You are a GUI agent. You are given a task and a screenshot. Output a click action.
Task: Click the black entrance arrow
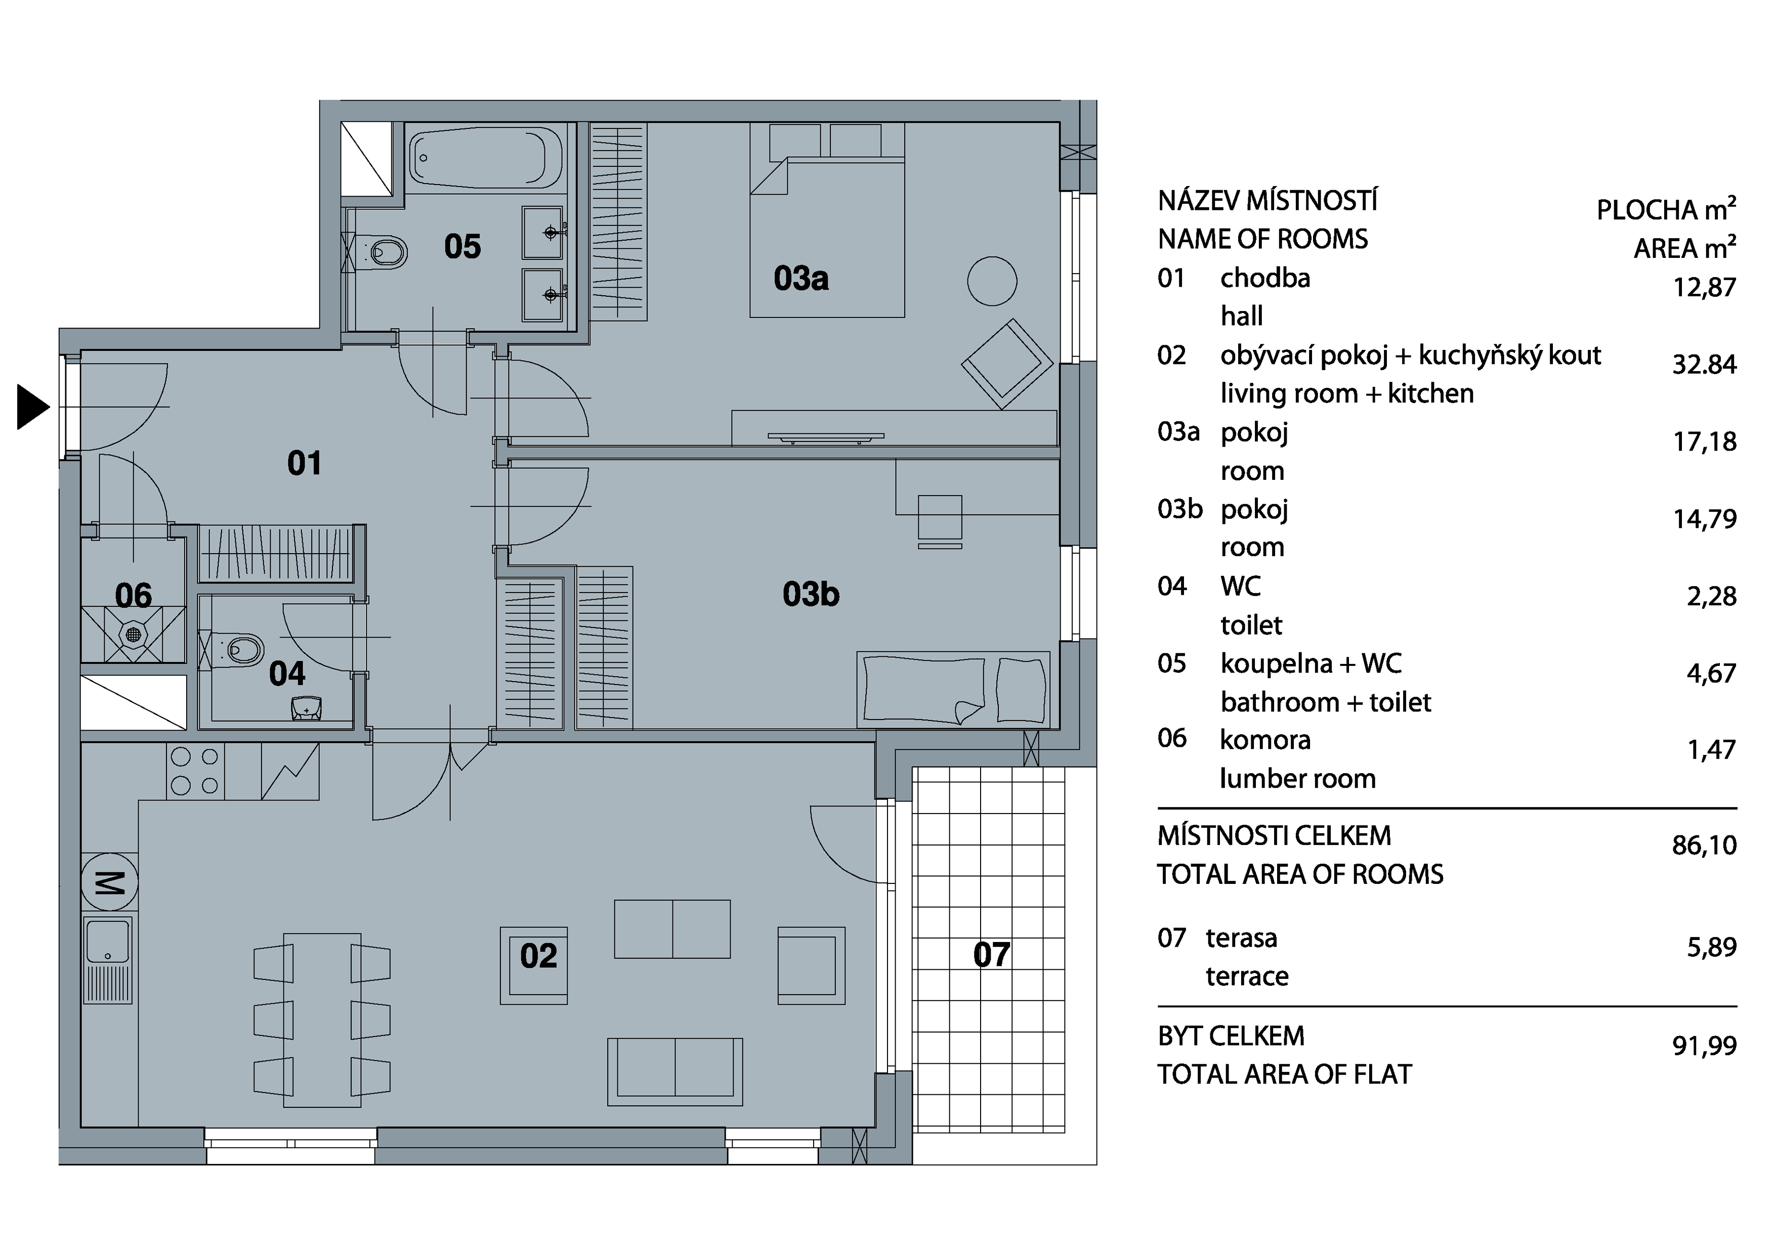coord(32,407)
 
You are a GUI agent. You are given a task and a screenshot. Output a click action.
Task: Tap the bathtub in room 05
coord(486,158)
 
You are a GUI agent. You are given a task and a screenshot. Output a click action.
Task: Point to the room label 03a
coord(801,278)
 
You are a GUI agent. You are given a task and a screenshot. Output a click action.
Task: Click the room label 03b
coord(810,594)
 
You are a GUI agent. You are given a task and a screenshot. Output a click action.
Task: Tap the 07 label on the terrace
coord(991,955)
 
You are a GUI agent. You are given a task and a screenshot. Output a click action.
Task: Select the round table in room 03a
coord(992,281)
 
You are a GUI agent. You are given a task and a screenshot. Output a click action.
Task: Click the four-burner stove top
coord(195,771)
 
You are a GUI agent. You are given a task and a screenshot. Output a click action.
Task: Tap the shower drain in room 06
coord(133,635)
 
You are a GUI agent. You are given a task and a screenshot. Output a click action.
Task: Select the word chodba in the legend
coord(1265,278)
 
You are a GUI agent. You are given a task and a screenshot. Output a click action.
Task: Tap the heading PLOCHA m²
coord(1666,209)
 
